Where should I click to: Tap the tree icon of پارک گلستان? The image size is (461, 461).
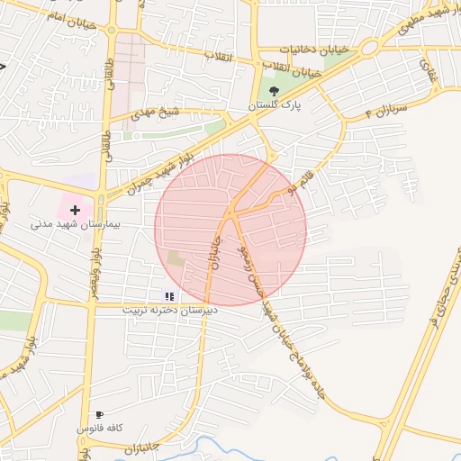click(273, 90)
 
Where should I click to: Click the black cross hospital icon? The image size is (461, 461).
click(75, 209)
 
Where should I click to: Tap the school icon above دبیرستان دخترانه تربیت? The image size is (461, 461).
click(168, 295)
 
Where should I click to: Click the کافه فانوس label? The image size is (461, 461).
click(98, 429)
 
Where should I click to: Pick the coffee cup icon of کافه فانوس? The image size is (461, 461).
click(99, 415)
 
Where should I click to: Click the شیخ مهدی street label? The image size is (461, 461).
click(156, 113)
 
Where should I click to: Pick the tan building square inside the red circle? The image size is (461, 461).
click(176, 258)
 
